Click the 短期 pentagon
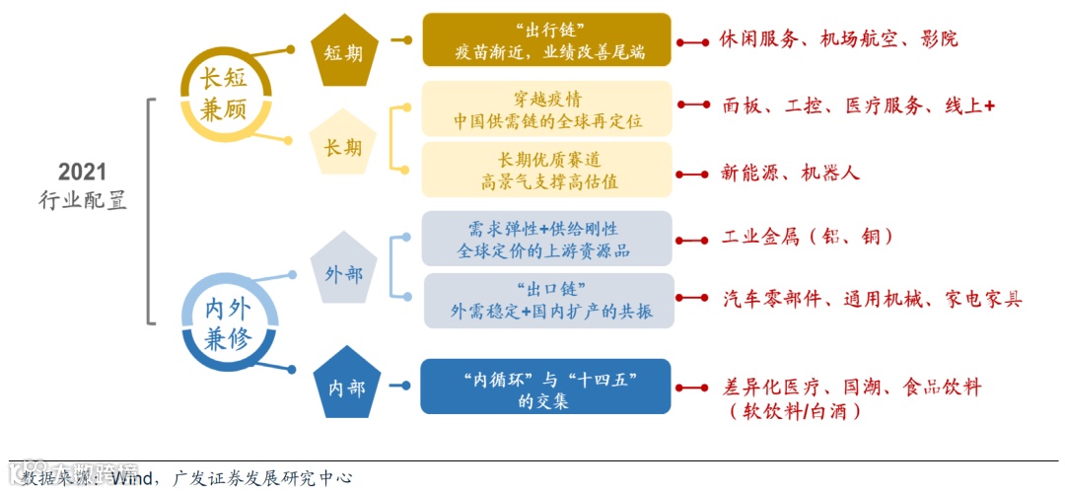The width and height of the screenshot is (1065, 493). click(x=344, y=51)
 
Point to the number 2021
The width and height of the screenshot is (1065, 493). click(x=82, y=172)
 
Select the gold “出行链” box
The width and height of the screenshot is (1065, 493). click(x=546, y=40)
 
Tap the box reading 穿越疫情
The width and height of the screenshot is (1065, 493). click(x=546, y=108)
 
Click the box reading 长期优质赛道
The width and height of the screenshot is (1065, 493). click(x=546, y=170)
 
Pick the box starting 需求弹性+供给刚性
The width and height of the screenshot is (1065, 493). click(x=546, y=238)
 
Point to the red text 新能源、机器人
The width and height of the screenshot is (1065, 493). click(x=790, y=173)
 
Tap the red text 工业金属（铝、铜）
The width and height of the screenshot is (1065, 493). click(x=808, y=237)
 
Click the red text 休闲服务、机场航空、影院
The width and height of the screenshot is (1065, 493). click(x=838, y=39)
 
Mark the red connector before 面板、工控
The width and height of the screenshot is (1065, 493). click(x=693, y=105)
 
